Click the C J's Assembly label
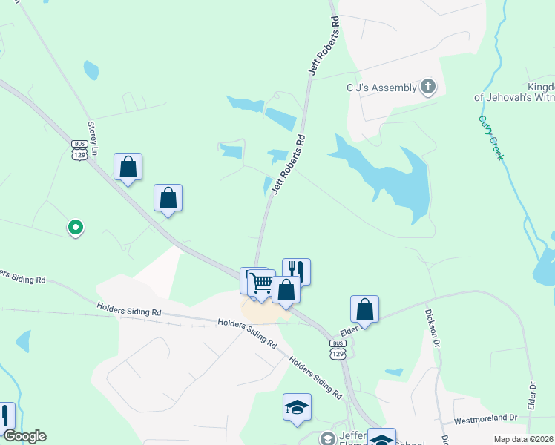[381, 88]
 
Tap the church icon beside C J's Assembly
[427, 88]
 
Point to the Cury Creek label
[491, 138]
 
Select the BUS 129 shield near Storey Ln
[79, 149]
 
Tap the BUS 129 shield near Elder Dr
[338, 349]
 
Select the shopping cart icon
[261, 283]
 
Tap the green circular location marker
[75, 227]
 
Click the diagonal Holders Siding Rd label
[315, 378]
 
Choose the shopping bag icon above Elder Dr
[364, 308]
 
